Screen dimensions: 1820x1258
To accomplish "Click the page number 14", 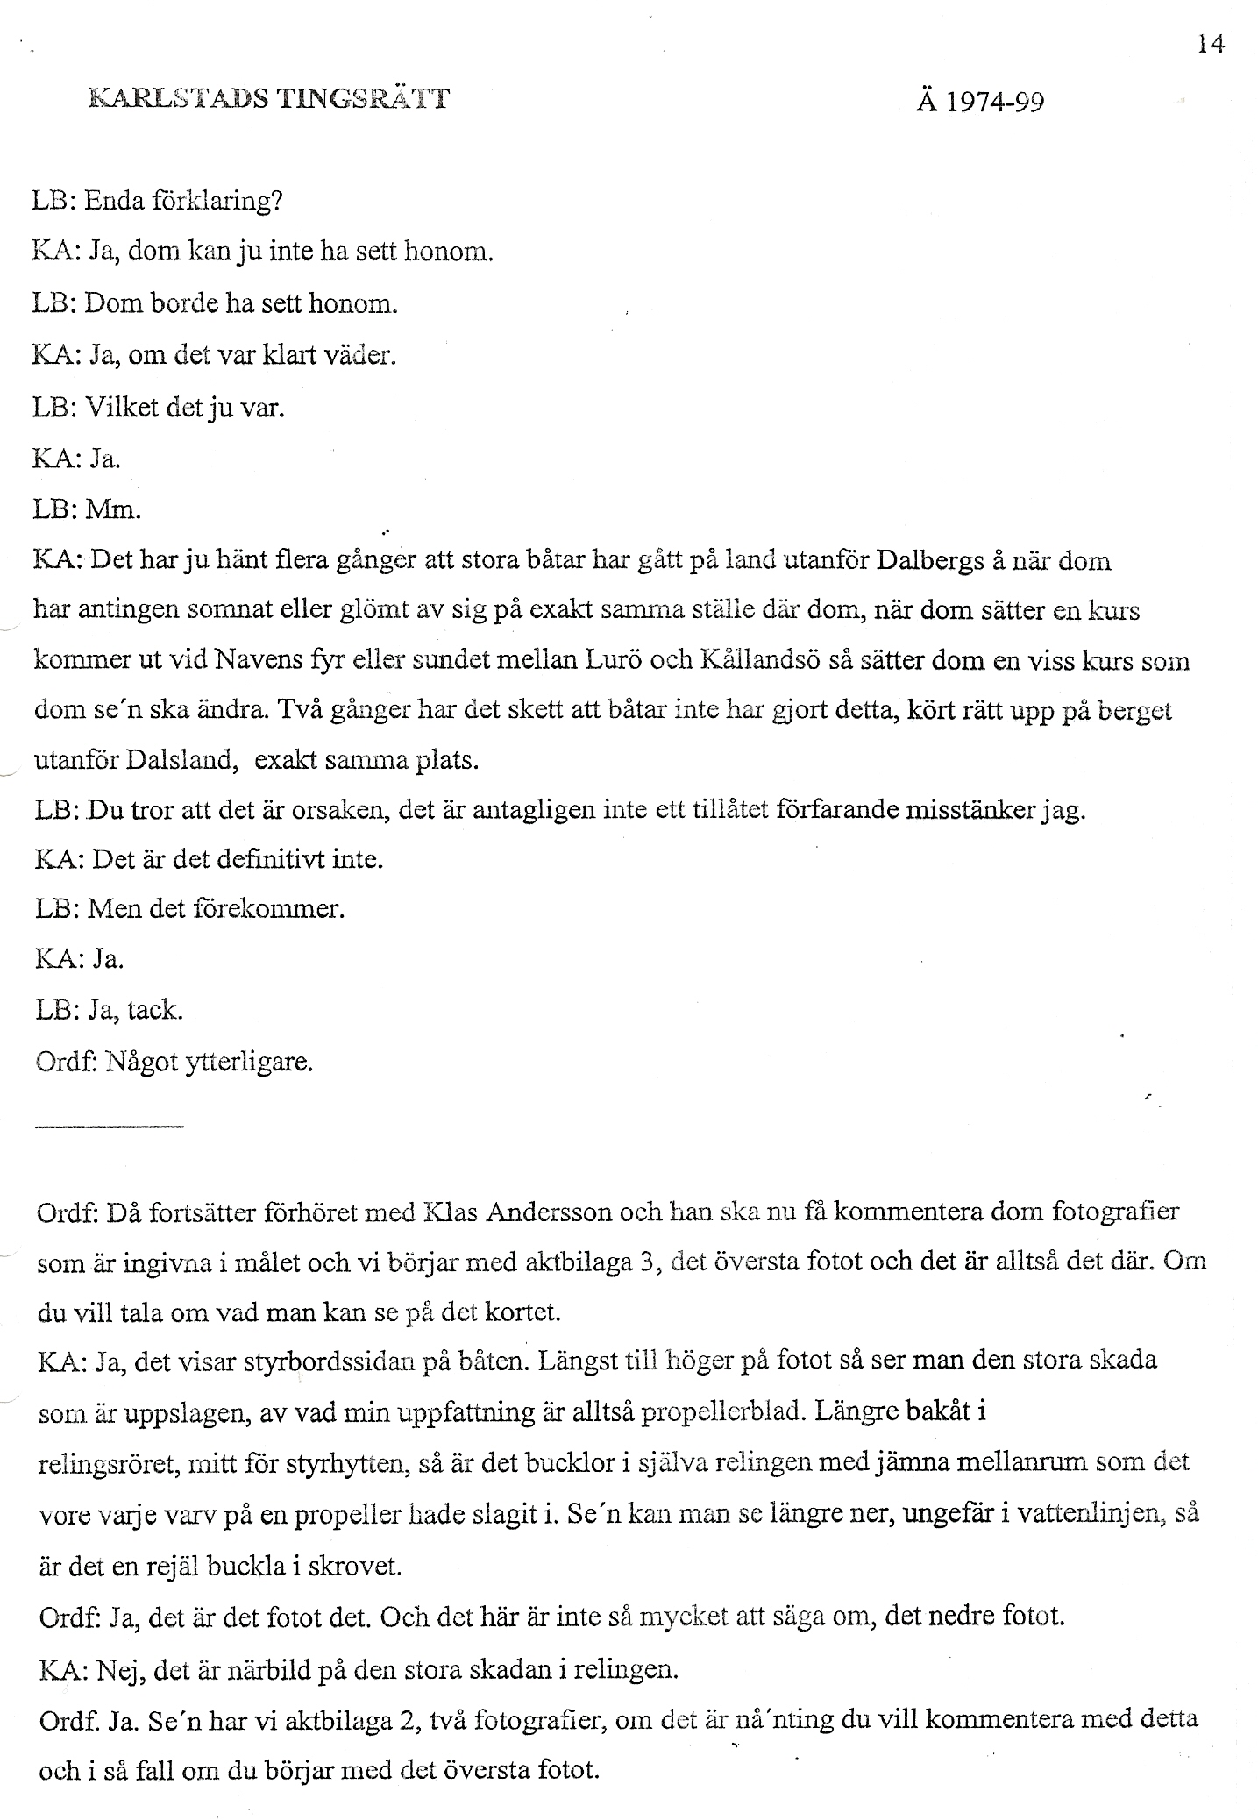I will coord(1211,43).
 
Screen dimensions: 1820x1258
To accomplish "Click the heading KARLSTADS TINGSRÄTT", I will coord(269,98).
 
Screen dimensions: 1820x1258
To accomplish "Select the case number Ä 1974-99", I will coord(980,103).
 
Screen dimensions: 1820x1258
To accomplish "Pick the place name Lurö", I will coord(629,660).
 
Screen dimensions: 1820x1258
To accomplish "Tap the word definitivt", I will coord(270,858).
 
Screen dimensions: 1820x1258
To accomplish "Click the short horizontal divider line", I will coord(110,1125).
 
